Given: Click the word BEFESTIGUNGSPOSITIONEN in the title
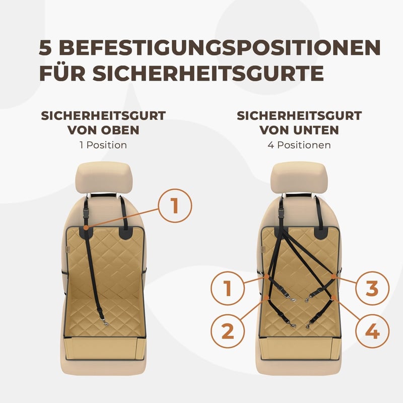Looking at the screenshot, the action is tap(220, 48).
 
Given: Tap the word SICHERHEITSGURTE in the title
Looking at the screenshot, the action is tap(208, 73).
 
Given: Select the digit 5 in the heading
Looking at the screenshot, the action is tap(45, 48).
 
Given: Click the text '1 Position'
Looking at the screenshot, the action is tap(103, 145).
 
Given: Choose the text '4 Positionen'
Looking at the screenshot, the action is tap(299, 145).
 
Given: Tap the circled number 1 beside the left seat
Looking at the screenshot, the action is tap(175, 206).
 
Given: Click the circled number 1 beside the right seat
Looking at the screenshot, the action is tap(228, 288).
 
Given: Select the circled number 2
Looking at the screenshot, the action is tap(228, 331).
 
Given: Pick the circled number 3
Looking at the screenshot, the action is tap(372, 288).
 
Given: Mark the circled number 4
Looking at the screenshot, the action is tap(372, 331).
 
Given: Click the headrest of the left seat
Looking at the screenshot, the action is tap(104, 178).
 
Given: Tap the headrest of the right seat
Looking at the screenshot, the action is tap(299, 178).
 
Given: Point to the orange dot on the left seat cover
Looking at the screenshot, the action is tap(86, 227).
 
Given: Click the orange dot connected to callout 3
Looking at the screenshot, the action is tap(333, 277).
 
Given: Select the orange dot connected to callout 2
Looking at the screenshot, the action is tap(266, 298).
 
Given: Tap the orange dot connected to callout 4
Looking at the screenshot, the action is tap(333, 298).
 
